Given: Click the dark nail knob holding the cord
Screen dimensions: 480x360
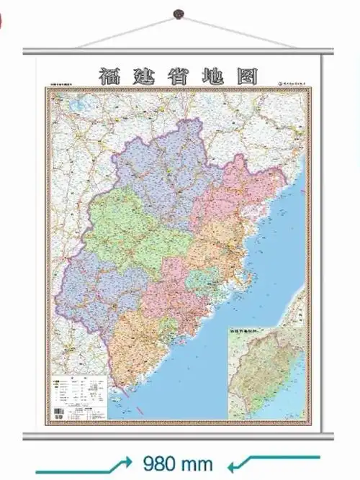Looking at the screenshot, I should coord(179,14).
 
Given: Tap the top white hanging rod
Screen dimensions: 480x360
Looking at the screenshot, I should coord(180,50).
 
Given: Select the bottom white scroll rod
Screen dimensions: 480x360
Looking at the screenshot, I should coord(180,434).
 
